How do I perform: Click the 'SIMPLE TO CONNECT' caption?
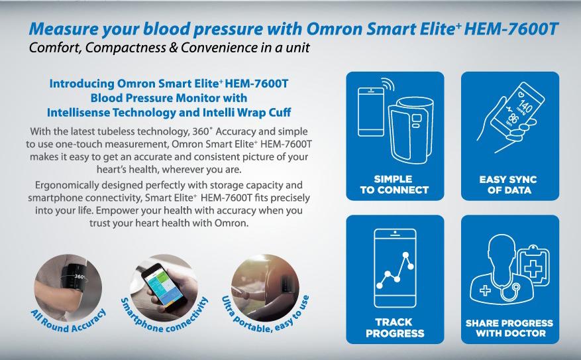[394, 184]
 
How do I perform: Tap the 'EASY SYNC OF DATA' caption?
[508, 184]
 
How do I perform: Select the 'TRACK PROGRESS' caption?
[395, 328]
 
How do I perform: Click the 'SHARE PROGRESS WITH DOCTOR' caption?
[510, 328]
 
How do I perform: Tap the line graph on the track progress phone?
[396, 270]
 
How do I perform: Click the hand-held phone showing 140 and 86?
[517, 111]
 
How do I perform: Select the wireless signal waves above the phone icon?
[386, 85]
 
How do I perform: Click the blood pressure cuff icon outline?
[411, 129]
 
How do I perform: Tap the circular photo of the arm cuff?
[68, 288]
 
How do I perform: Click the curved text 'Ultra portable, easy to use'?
[265, 316]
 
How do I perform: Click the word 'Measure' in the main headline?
[64, 29]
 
